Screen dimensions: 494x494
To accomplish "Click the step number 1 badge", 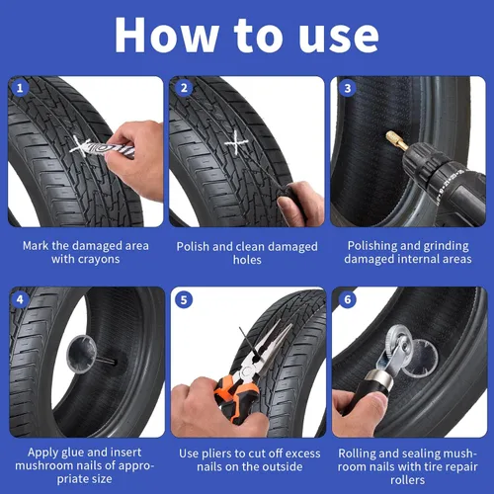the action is (x=20, y=88).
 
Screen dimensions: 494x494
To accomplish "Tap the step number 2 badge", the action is (x=184, y=88).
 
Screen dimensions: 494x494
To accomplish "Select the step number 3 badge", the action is (x=348, y=88).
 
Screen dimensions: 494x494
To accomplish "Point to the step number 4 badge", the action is (x=20, y=299).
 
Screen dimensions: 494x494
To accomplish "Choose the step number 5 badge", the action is (x=184, y=299).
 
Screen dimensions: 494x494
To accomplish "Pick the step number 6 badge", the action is (x=348, y=299).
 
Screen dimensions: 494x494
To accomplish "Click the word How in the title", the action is (x=166, y=36).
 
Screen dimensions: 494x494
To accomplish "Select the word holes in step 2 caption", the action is (x=247, y=260).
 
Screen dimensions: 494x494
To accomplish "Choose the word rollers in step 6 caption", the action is (x=407, y=480).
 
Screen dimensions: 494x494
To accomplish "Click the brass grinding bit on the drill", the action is (x=396, y=140).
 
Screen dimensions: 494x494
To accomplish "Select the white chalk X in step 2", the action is (x=236, y=142).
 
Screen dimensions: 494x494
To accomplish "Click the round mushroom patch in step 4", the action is (x=81, y=354).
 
